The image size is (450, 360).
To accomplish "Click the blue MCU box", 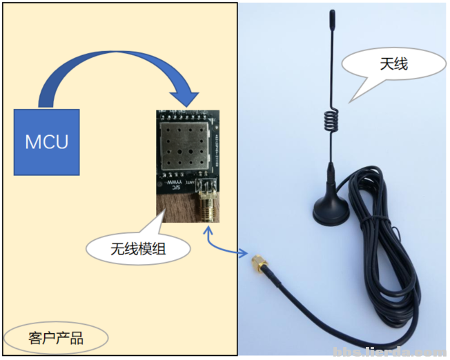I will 47,141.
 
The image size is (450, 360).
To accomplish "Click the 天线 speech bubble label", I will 393,64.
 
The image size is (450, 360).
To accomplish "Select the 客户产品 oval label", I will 56,337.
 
